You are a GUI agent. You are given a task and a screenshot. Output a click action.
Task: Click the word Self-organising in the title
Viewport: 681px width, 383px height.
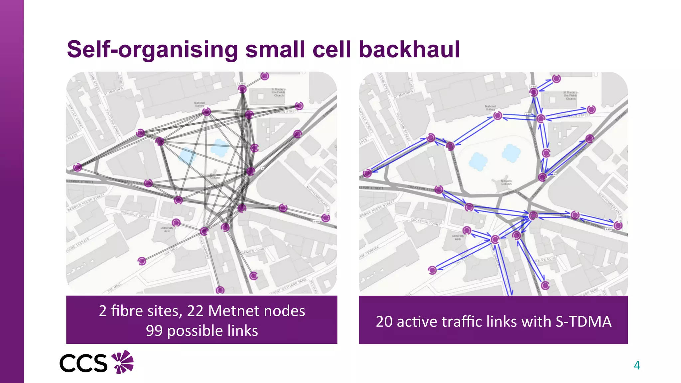pyautogui.click(x=152, y=50)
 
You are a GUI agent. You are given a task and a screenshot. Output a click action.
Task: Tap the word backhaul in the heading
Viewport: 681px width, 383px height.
pyautogui.click(x=409, y=50)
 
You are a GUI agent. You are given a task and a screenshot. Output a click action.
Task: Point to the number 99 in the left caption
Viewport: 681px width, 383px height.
pyautogui.click(x=154, y=331)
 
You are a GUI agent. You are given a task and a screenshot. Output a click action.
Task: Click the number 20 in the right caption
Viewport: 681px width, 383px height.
pyautogui.click(x=384, y=322)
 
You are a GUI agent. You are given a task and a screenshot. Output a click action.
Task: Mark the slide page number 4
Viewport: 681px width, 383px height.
pyautogui.click(x=637, y=365)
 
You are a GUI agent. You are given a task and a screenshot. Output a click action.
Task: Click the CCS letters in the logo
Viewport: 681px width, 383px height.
pyautogui.click(x=83, y=363)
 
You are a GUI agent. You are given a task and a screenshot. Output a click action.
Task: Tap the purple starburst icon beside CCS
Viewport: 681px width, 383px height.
pyautogui.click(x=122, y=362)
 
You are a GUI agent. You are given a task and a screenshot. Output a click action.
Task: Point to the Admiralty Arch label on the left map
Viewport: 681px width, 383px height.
pyautogui.click(x=167, y=229)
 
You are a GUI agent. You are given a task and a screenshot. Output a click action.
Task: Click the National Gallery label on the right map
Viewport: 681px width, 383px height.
pyautogui.click(x=490, y=108)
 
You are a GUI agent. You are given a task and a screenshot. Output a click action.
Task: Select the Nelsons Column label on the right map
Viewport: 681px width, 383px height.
pyautogui.click(x=506, y=183)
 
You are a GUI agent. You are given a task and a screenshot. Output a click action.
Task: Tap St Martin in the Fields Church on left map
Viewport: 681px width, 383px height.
pyautogui.click(x=279, y=92)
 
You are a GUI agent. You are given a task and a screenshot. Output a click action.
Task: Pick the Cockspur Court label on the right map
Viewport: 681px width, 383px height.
pyautogui.click(x=425, y=222)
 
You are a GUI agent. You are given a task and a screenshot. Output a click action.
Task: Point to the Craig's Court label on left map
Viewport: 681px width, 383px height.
pyautogui.click(x=253, y=251)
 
